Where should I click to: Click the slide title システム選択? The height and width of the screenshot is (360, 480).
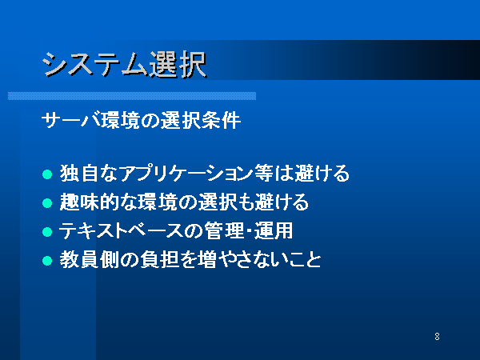pos(124,65)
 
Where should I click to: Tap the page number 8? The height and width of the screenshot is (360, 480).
pos(437,337)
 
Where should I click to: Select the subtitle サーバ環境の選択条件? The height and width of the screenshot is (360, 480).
pos(141,120)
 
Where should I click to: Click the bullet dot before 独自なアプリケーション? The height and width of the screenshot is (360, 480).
pos(47,174)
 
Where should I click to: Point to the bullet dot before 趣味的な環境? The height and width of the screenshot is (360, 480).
pos(47,203)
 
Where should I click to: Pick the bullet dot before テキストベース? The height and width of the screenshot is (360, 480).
pos(47,232)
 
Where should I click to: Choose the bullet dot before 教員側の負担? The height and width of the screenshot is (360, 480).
pos(47,261)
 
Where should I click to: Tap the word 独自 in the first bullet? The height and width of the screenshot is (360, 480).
pos(78,174)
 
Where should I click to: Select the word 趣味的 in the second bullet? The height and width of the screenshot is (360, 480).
pos(89,202)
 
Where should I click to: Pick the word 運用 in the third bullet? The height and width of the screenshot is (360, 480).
pos(274,231)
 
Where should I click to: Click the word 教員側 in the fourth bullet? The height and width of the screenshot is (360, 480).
pos(89,259)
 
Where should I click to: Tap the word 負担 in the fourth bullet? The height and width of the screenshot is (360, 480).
pos(159,259)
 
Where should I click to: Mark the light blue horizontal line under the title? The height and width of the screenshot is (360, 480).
pos(132,96)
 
